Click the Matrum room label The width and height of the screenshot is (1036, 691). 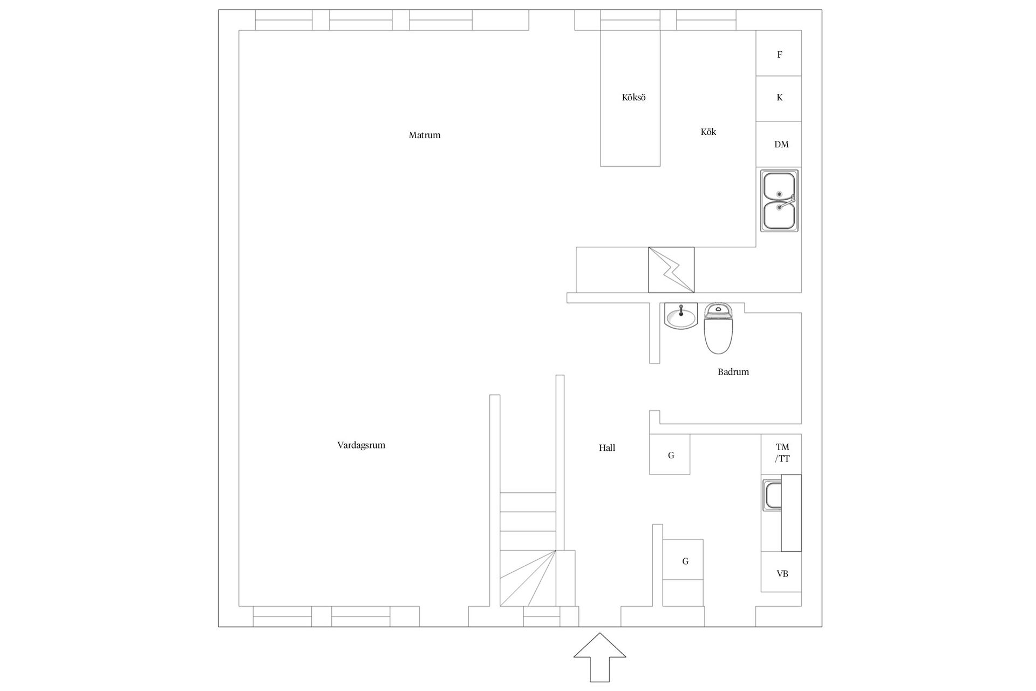(425, 135)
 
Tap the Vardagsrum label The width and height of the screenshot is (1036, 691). (361, 445)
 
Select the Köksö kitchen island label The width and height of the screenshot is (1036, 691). (633, 98)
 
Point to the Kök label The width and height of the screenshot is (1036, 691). (708, 132)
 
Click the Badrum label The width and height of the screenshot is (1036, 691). (733, 372)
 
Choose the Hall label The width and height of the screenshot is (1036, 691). (607, 448)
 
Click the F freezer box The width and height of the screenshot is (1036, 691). (779, 53)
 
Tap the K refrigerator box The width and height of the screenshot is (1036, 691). (779, 98)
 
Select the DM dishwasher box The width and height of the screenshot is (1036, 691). (779, 144)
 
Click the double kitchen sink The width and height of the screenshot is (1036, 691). (779, 201)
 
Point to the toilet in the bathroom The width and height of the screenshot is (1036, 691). (718, 329)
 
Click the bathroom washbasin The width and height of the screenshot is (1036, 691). (681, 316)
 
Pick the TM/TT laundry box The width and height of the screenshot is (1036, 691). (781, 454)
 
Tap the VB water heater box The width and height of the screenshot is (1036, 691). (781, 572)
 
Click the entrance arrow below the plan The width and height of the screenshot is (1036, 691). (599, 657)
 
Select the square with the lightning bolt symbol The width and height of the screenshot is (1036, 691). (671, 270)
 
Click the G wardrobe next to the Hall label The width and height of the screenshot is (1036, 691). (670, 455)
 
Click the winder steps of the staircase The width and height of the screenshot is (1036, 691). (528, 578)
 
